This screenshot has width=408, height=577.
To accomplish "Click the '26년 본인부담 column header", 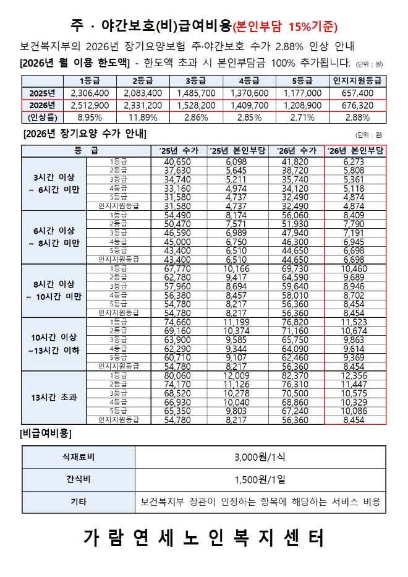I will point(355,150).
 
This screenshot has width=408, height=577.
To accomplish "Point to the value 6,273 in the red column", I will point(355,161).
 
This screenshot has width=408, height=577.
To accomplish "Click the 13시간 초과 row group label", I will point(54,397).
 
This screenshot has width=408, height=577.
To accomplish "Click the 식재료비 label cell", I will point(78,458).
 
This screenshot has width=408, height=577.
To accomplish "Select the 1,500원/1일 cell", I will point(260,479).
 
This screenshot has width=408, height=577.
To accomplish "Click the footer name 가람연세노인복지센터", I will point(203,539).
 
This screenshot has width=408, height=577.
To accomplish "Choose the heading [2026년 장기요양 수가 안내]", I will point(85,134).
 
